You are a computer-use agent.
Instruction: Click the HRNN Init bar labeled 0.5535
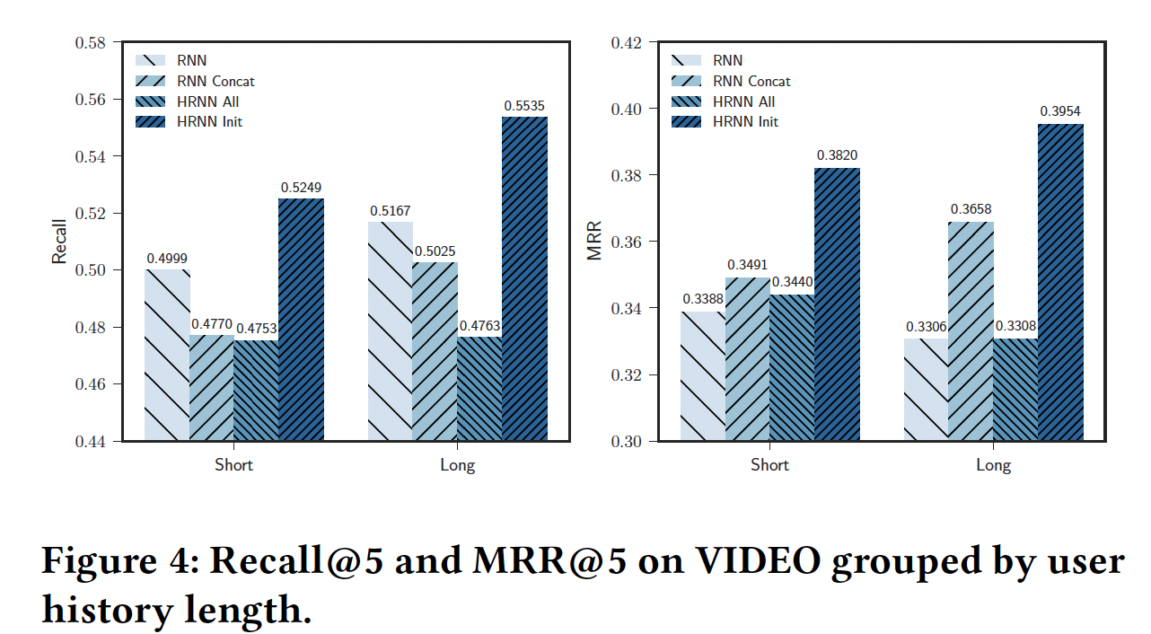[524, 278]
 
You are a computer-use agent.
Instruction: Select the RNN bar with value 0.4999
[168, 355]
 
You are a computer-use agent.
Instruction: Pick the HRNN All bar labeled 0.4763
[479, 389]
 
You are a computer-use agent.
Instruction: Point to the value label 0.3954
[1060, 111]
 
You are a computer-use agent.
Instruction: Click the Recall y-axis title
[59, 241]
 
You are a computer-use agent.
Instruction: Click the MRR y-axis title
[594, 241]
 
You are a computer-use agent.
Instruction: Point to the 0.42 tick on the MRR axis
[626, 43]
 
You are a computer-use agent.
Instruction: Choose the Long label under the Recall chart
[457, 465]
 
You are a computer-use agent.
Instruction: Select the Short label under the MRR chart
[769, 465]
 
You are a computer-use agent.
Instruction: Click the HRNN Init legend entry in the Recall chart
[209, 121]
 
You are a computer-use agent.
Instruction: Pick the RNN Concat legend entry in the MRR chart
[751, 81]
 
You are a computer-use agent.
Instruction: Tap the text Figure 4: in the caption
[119, 561]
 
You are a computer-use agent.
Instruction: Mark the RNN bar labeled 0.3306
[926, 390]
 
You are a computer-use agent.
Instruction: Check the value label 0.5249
[300, 188]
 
